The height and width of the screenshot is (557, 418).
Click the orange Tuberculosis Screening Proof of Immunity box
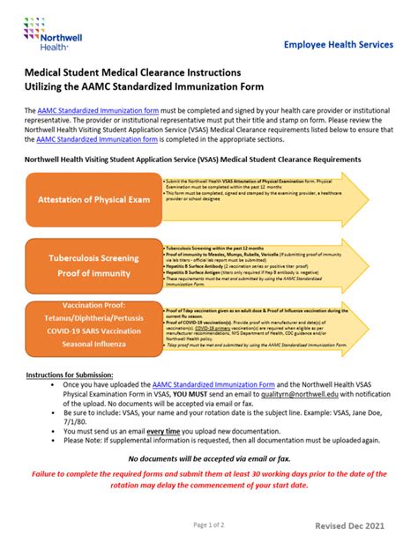(93, 266)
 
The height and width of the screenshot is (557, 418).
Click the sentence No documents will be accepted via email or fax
(208, 459)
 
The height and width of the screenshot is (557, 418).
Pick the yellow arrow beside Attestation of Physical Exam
(265, 199)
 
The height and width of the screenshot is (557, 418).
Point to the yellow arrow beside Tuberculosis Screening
(265, 267)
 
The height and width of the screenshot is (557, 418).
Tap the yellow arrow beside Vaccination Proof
(265, 325)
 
